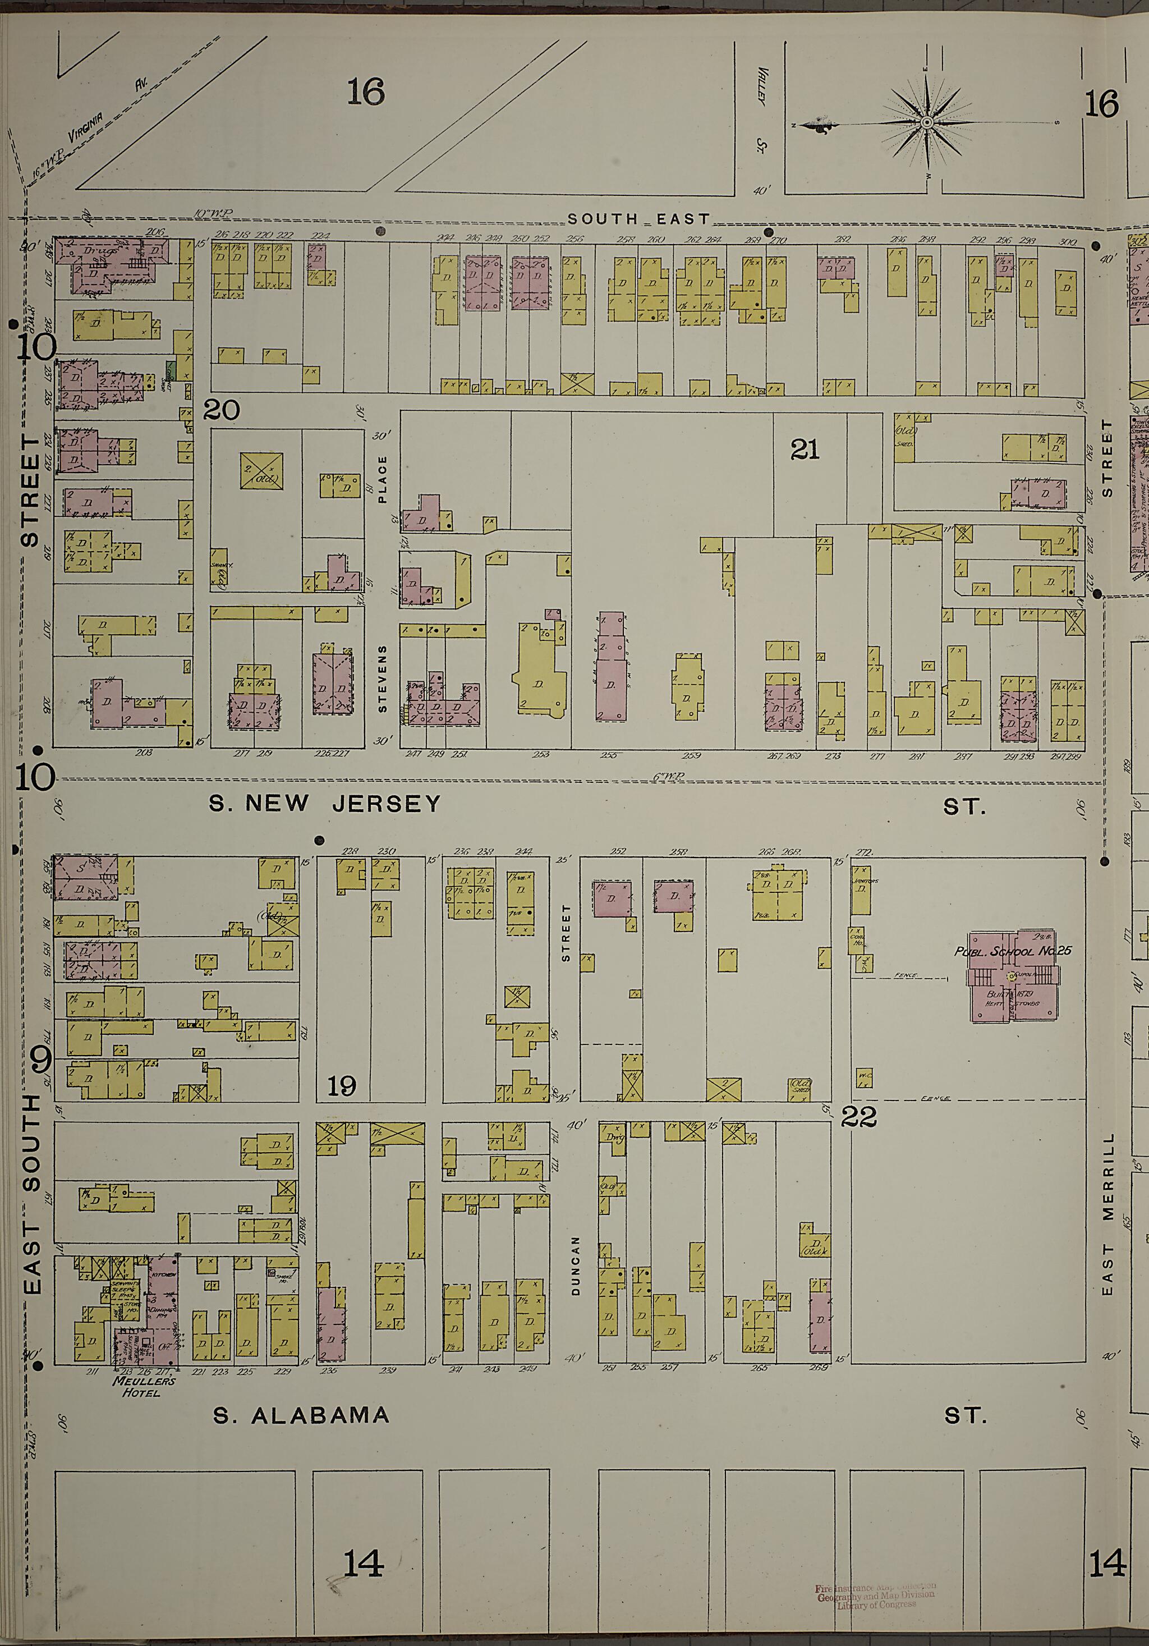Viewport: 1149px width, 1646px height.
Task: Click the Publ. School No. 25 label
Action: [1012, 951]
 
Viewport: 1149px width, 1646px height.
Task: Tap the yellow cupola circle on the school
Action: [1013, 976]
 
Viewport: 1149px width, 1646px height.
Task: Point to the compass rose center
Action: [927, 123]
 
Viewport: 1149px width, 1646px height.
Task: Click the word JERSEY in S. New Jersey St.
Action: [385, 804]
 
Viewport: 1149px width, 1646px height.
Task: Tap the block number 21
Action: [804, 450]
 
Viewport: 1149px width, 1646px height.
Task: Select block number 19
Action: [341, 1086]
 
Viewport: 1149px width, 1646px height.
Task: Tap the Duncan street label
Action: [574, 1264]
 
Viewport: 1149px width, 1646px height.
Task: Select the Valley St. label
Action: [761, 108]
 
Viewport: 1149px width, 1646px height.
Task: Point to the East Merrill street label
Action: [1107, 1212]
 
